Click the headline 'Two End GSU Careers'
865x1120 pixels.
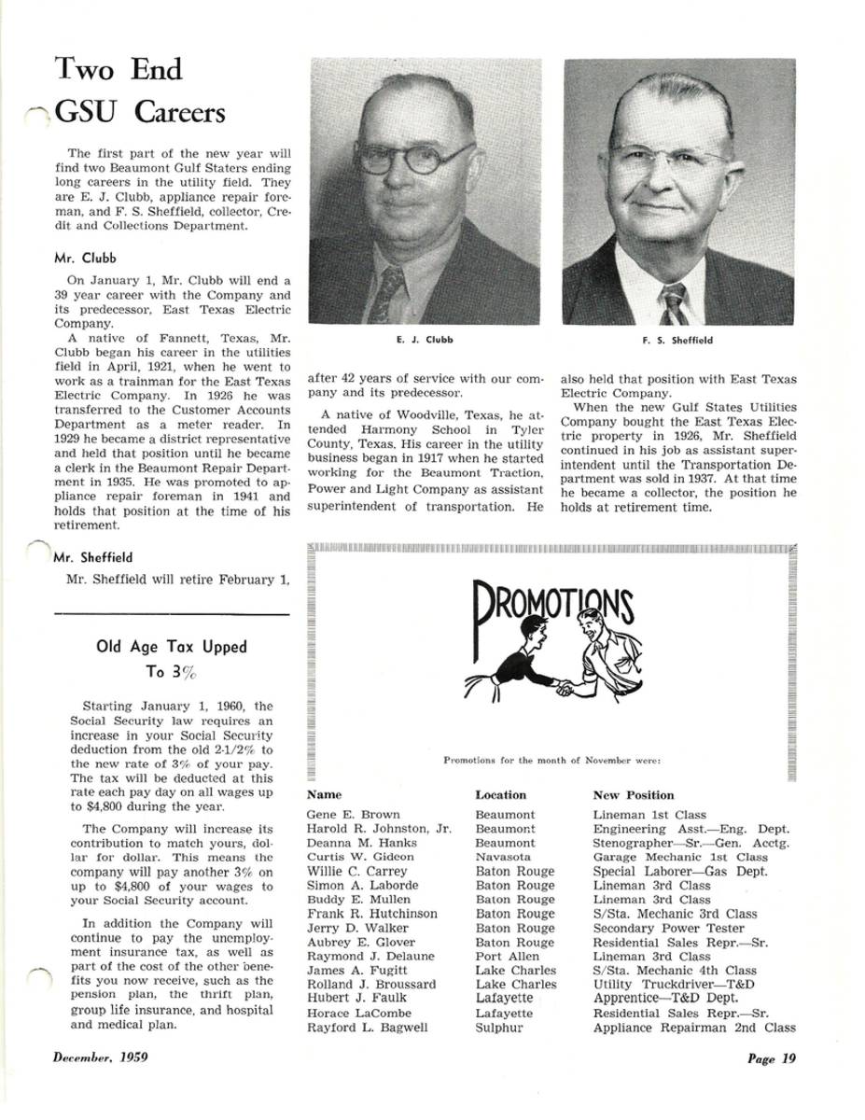(140, 91)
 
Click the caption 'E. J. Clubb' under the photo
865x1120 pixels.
(425, 341)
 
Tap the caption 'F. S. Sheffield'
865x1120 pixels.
(677, 341)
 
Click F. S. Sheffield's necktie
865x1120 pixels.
(673, 304)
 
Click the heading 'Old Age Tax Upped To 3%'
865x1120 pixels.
(172, 658)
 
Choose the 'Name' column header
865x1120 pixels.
(324, 795)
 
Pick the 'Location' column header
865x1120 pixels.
(500, 795)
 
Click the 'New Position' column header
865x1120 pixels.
(633, 795)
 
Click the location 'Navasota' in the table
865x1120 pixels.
(503, 857)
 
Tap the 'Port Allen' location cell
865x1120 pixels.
(507, 957)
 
